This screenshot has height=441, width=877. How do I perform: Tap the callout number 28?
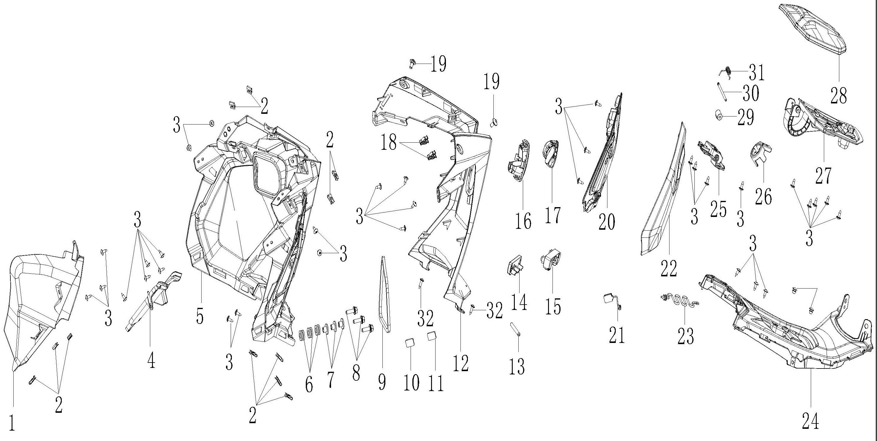pyautogui.click(x=838, y=95)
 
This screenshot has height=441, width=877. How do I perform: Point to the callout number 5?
pyautogui.click(x=200, y=316)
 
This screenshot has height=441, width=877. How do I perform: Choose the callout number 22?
pyautogui.click(x=669, y=269)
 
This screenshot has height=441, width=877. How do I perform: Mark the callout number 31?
pyautogui.click(x=756, y=72)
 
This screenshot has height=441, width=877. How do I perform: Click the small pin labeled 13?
pyautogui.click(x=515, y=329)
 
